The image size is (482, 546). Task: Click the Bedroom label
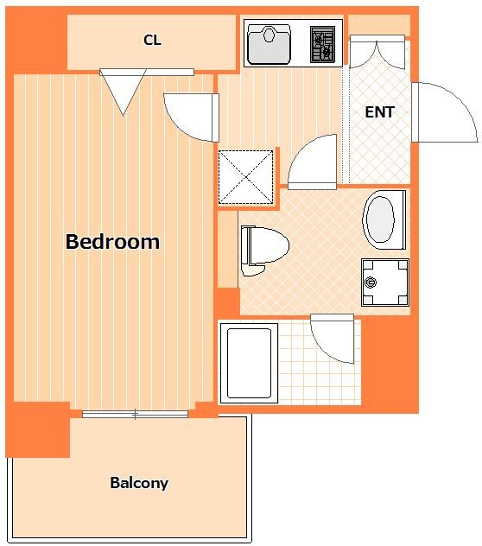pos(112,241)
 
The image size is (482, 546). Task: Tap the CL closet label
pos(152,40)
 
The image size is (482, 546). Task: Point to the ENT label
pos(379,111)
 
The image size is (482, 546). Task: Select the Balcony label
pos(139,483)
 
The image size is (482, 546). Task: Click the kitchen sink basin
pos(269,44)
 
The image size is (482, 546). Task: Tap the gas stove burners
pos(322,44)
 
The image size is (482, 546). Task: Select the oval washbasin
pos(384,219)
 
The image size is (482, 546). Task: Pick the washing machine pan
pos(385,283)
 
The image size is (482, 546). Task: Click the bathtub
pos(249,363)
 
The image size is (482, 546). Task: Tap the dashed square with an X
pos(245,177)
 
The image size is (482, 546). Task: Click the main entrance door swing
pos(445,112)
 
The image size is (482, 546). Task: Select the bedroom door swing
pos(192,117)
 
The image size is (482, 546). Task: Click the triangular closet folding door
pos(123,92)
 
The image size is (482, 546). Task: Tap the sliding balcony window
pos(135,414)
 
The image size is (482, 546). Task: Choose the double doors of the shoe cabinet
pos(377,52)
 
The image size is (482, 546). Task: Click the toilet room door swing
pos(312,162)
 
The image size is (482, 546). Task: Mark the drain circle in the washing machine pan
pos(371,282)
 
